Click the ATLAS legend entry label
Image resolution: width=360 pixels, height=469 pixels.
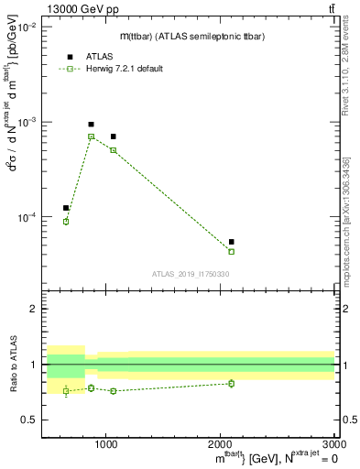point(99,56)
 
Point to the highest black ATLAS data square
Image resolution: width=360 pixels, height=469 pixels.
point(91,124)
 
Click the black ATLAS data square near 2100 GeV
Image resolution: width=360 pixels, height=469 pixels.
point(231,242)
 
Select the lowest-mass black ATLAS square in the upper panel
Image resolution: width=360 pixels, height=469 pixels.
point(66,208)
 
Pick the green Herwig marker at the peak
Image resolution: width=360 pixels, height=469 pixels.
point(91,136)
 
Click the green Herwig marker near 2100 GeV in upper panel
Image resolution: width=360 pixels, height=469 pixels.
point(231,251)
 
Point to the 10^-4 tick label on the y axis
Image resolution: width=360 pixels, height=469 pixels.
point(28,217)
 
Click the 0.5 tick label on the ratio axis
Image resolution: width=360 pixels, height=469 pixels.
point(32,420)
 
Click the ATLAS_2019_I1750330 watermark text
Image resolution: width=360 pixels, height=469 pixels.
point(191,274)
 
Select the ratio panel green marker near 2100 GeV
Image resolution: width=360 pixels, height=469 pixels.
point(231,383)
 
